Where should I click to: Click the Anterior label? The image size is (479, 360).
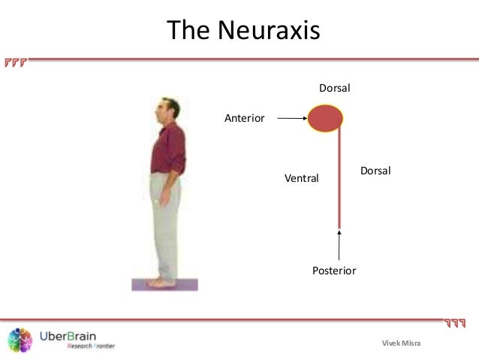(245, 118)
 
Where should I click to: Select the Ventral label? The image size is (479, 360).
(301, 178)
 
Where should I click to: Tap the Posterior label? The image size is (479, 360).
(333, 270)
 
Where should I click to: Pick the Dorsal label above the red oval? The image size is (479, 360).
(335, 89)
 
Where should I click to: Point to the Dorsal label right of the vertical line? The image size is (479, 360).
(375, 171)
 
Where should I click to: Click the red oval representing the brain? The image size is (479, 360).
(324, 118)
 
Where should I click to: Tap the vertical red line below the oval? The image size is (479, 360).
(339, 180)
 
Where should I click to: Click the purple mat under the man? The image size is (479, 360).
(164, 286)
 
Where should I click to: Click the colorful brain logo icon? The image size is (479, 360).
(20, 340)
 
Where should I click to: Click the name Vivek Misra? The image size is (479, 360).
(402, 343)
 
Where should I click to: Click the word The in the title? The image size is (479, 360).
(188, 31)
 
